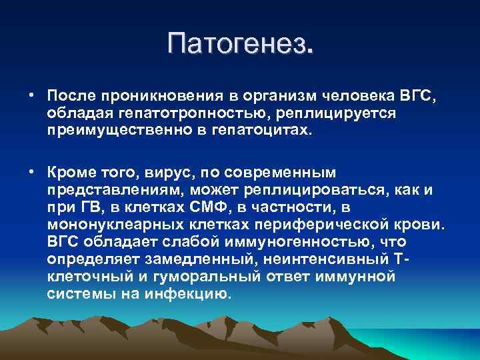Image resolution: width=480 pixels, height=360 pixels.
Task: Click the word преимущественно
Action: click(x=109, y=130)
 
